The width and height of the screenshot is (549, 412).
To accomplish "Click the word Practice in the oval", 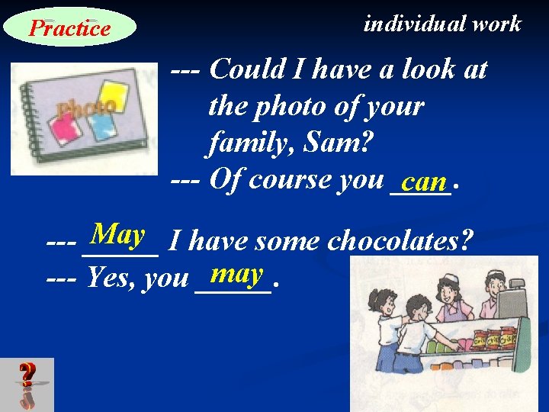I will coord(69,29).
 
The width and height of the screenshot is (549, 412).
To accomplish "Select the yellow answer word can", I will coord(425,182).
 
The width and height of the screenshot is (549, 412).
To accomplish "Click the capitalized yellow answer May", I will coord(117,233).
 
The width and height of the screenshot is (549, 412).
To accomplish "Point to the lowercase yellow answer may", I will coord(238,272).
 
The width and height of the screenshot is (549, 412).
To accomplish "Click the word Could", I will coord(246,70).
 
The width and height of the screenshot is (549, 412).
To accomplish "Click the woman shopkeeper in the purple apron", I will coord(450,301).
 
